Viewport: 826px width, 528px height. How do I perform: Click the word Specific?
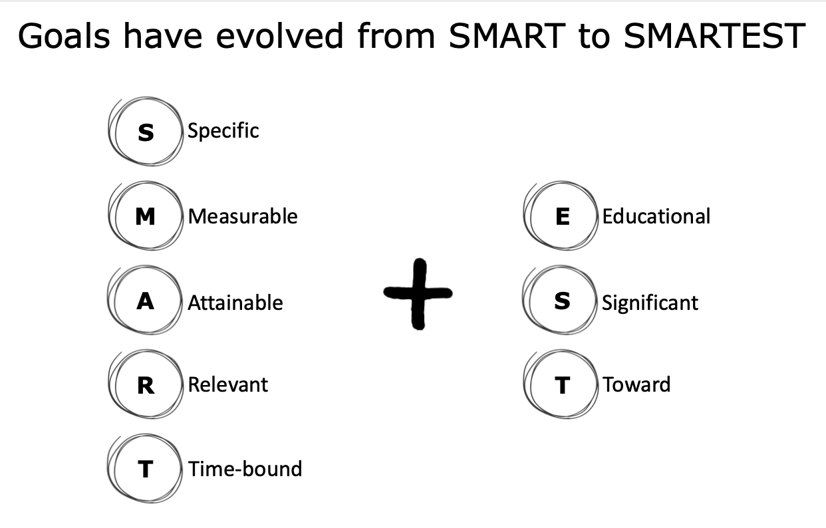click(x=223, y=131)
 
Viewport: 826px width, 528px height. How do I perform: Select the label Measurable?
click(x=243, y=216)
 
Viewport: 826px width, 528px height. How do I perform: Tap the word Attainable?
click(x=235, y=303)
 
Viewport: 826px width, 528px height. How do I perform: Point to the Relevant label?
click(x=228, y=384)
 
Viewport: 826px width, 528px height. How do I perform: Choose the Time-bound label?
click(x=245, y=469)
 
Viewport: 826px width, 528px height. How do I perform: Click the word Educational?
click(x=656, y=216)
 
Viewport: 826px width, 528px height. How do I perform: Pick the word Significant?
click(x=650, y=303)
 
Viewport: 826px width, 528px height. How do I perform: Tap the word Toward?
click(x=636, y=384)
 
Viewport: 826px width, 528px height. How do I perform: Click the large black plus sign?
click(x=418, y=294)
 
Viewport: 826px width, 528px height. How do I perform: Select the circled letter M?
click(x=146, y=215)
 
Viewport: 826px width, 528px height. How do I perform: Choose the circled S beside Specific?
click(x=146, y=132)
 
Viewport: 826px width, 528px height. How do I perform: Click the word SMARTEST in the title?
click(x=714, y=35)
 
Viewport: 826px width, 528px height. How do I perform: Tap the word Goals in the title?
click(x=64, y=35)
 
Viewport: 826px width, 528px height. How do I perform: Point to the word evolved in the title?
click(x=279, y=35)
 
